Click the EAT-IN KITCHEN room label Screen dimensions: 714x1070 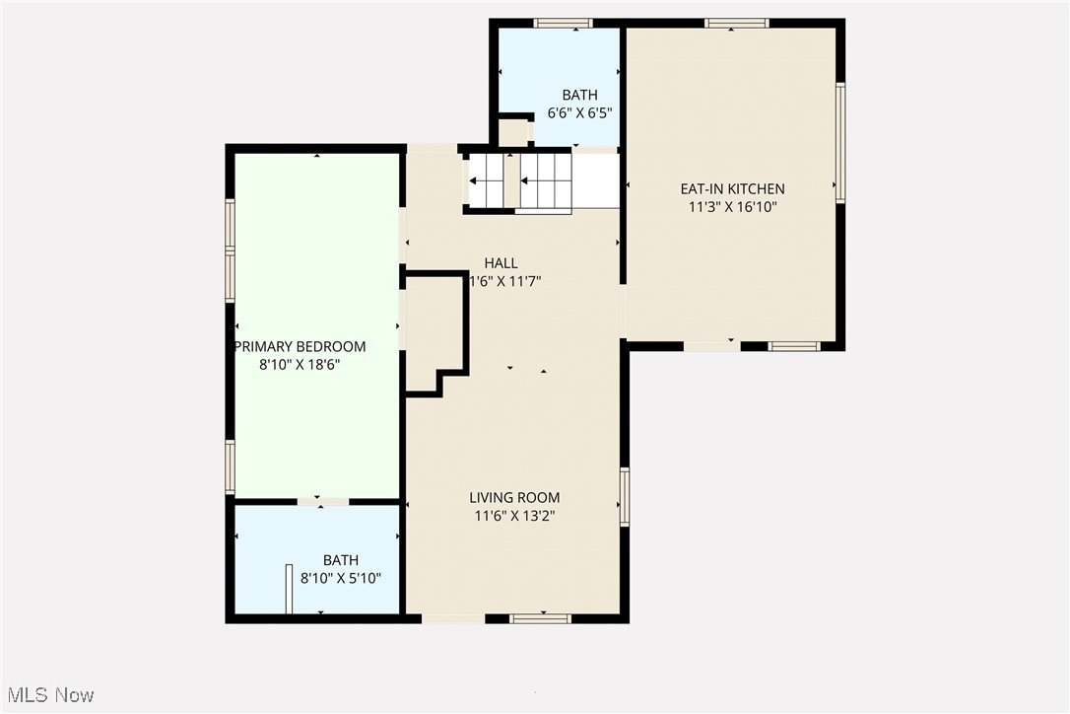tap(732, 188)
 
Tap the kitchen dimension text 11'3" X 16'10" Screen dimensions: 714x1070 tap(732, 207)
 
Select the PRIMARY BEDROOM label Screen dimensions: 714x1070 tap(300, 346)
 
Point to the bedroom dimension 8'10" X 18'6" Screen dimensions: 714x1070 tap(300, 365)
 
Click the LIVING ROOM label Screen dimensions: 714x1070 tap(514, 498)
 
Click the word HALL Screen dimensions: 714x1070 tap(501, 263)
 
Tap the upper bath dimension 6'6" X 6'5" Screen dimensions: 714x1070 tap(580, 112)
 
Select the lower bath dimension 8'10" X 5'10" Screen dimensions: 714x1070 tap(341, 579)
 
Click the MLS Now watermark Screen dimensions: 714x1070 tap(47, 695)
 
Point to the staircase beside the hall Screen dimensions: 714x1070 tap(519, 181)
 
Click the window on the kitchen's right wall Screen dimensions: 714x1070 tap(840, 143)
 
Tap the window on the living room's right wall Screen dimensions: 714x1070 tap(625, 496)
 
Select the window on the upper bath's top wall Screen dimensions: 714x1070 tap(563, 23)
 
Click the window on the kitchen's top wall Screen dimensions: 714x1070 tap(736, 23)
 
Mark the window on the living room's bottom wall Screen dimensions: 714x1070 tap(540, 618)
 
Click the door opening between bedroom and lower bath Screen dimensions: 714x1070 tap(323, 502)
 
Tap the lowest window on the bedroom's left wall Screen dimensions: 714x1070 tap(231, 466)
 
